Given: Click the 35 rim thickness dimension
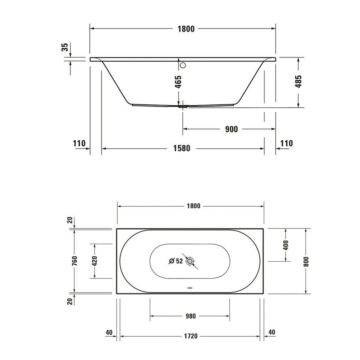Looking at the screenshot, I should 65,47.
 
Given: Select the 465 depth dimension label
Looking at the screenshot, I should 178,82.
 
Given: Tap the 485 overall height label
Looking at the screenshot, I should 299,82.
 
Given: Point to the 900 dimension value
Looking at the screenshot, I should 231,129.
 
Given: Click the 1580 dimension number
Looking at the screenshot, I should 182,148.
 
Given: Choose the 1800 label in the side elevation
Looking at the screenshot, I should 186,29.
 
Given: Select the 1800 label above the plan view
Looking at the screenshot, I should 193,206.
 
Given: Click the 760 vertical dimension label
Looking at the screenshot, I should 74,261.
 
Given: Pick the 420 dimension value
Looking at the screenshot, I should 95,261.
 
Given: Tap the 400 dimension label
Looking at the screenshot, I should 285,245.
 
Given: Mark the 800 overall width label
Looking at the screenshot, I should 306,261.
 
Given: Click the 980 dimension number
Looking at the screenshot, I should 191,316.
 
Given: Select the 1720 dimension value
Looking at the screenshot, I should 191,336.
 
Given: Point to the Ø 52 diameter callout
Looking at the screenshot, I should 176,261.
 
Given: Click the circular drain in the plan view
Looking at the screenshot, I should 190,261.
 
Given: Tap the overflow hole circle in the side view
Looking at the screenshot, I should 183,65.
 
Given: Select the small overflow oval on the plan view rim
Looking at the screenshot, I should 190,287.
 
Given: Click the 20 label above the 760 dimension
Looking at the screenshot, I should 70,220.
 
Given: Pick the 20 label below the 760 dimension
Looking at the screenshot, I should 70,301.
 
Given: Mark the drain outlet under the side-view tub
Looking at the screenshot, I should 183,106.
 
